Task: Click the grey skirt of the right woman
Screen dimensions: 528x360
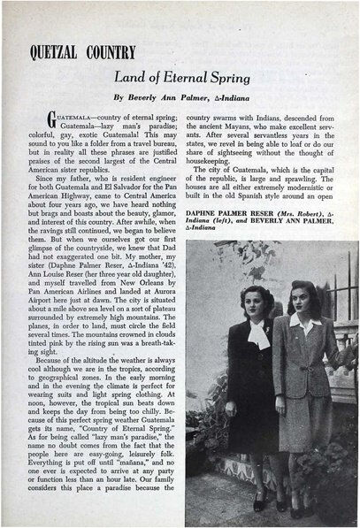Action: click(304, 442)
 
